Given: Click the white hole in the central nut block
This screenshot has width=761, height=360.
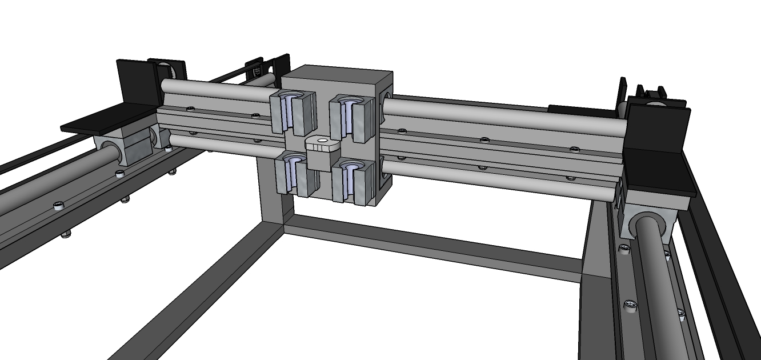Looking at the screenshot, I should click(322, 139).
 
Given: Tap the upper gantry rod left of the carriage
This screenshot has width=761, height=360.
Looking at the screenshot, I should click(217, 91).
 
